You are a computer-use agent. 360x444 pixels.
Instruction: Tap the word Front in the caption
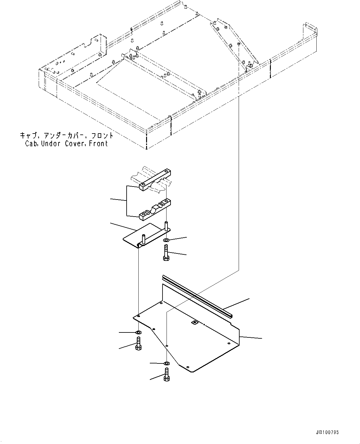coord(98,143)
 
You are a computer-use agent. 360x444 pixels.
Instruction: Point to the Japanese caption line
coord(67,136)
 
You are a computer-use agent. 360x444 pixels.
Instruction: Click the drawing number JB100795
coord(329,432)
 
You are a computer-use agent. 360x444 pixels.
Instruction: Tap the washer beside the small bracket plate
coord(166,241)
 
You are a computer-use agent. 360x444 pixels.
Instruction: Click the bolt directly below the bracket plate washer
coord(166,253)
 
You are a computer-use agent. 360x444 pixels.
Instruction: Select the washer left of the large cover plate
coord(138,332)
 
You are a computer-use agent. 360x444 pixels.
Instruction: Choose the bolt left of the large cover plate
coord(138,344)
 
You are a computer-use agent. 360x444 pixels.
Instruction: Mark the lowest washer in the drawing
coord(167,363)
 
